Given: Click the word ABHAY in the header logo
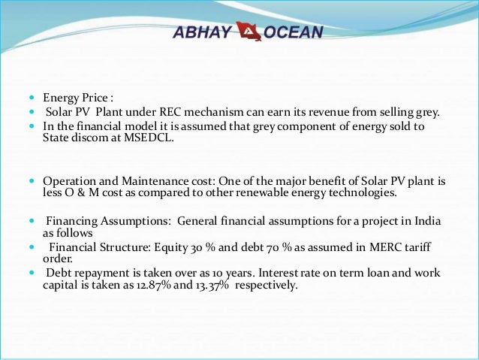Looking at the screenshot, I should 201,32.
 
